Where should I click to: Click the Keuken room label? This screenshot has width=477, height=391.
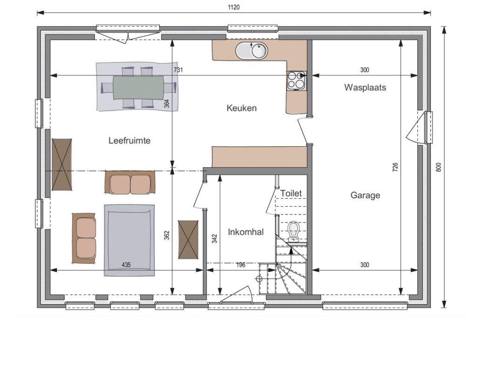coord(242,108)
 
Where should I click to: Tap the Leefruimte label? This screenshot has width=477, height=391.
coord(129,141)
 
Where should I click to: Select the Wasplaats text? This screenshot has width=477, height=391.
coord(365,88)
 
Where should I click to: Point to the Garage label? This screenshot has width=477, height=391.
coord(365,195)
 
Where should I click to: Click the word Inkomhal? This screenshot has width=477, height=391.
coord(246,232)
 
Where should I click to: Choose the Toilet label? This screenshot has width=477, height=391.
coord(291,193)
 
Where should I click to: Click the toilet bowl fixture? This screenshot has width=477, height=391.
coord(293,229)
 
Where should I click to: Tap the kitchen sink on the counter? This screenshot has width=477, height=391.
coord(251,50)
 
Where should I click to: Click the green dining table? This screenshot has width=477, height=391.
coord(138,88)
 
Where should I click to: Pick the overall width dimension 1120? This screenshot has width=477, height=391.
coord(234,7)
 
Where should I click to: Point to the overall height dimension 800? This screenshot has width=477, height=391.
coord(438,167)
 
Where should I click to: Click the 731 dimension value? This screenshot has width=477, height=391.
coord(178,70)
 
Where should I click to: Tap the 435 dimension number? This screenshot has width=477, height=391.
coord(126,265)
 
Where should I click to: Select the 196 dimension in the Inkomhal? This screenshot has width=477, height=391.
coord(241,265)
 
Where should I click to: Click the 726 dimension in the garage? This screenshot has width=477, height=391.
coord(395,168)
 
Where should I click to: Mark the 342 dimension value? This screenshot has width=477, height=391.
coord(214,238)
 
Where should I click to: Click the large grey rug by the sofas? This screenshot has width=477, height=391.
coord(129,240)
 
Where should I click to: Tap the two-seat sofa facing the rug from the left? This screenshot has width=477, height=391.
coord(84,238)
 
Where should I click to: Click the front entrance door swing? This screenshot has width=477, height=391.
coord(237,294)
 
